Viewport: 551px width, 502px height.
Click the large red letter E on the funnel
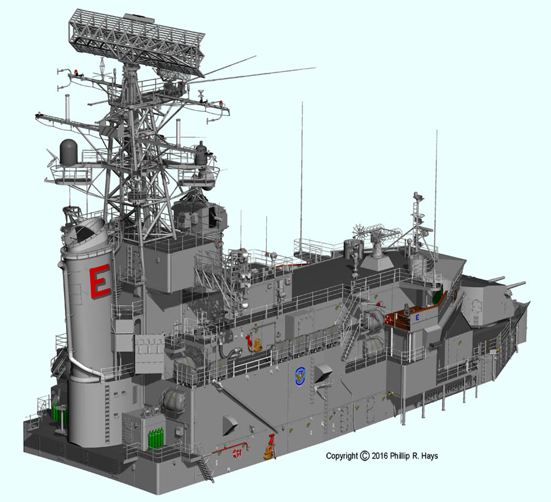(100, 281)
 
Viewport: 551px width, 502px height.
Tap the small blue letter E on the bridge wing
(418, 318)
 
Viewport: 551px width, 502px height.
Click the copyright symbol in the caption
(365, 455)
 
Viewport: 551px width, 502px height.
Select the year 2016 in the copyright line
(380, 456)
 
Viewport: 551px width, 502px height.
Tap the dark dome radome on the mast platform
(69, 151)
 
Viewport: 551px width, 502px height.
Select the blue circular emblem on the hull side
(300, 376)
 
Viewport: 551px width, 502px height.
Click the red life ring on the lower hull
(237, 453)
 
